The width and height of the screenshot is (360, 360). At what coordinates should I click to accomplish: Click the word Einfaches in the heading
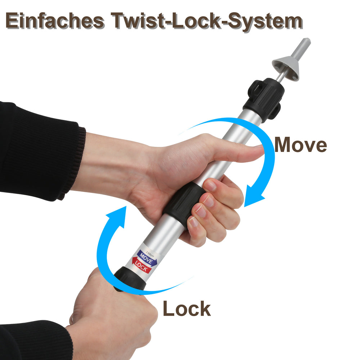point(55,21)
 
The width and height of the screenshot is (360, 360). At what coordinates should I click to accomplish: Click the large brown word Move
point(301,145)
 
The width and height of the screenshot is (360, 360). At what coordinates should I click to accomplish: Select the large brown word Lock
point(187,309)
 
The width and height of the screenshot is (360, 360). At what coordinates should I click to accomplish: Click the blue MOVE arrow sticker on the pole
point(147,258)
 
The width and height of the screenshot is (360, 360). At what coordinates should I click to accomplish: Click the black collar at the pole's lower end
point(130,280)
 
